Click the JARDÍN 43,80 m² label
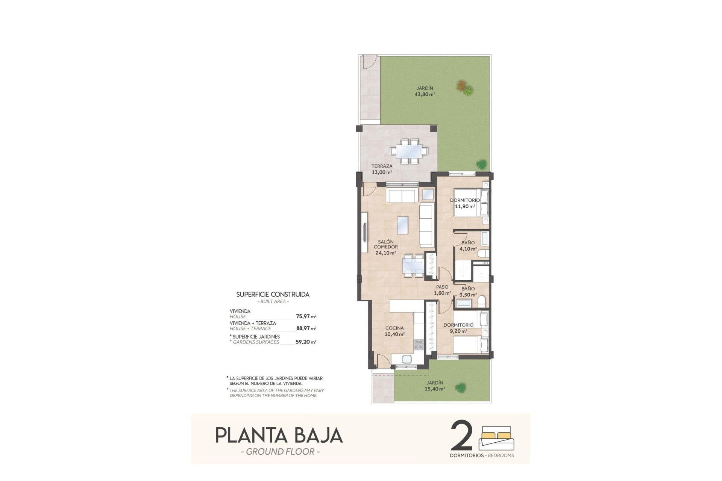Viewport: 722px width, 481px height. (425, 91)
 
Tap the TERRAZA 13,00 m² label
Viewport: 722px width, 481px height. (382, 169)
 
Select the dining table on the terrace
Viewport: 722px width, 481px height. (409, 151)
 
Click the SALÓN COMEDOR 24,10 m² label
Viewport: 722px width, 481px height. (385, 247)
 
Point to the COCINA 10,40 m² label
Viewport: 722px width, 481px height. (394, 331)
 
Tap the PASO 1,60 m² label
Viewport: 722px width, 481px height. (442, 290)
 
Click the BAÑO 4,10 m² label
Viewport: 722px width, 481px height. (468, 246)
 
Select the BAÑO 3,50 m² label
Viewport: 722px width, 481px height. (468, 292)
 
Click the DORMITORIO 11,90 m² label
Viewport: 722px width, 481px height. (465, 203)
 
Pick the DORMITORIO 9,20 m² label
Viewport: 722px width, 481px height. (458, 328)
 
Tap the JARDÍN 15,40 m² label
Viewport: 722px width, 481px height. (435, 386)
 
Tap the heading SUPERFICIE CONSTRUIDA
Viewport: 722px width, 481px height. (273, 295)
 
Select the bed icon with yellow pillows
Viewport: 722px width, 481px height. (496, 437)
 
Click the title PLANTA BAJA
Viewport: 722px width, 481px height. (279, 435)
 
